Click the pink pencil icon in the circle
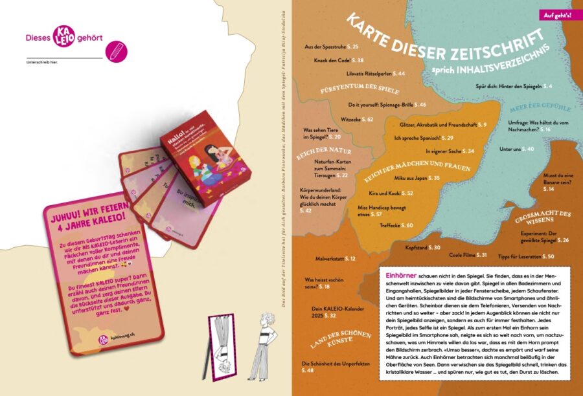pos(117,52)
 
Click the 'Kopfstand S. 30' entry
pos(422,247)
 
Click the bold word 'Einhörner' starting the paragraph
pos(398,274)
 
